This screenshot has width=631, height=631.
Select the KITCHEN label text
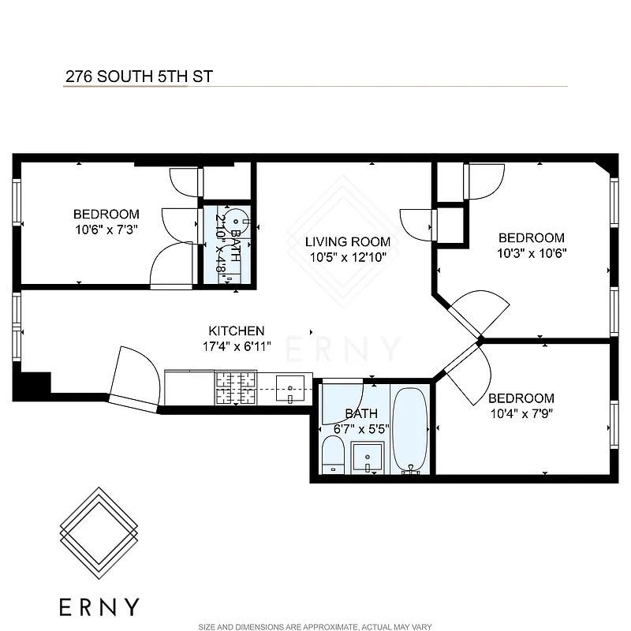pos(236,331)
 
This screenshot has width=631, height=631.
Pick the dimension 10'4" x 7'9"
pos(521,413)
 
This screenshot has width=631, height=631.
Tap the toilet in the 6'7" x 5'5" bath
pos(333,455)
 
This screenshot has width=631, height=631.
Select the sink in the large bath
pos(368,457)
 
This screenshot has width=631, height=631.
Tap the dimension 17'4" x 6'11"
pos(236,345)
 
